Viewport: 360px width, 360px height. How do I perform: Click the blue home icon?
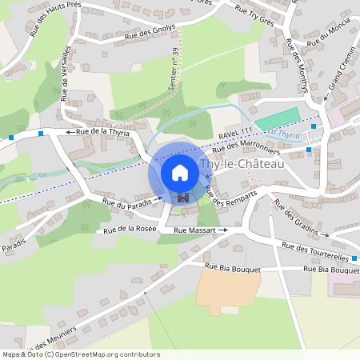(x=180, y=173)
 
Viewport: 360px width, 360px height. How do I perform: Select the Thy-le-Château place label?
(x=241, y=164)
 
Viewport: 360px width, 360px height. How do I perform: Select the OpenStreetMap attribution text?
(x=80, y=354)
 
